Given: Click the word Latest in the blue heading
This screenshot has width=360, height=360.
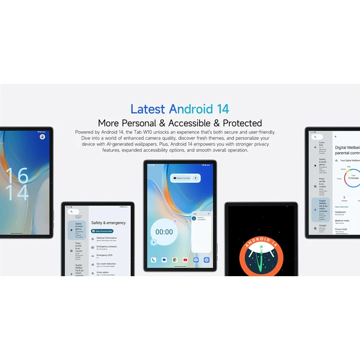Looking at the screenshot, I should coord(148,109).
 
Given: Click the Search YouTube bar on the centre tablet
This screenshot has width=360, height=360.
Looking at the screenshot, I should coord(185,178).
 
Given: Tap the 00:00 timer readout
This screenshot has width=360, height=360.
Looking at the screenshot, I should coord(164,232).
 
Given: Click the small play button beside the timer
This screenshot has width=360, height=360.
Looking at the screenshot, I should coord(153,242).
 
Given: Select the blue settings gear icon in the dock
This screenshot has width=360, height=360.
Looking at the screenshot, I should coord(206,260).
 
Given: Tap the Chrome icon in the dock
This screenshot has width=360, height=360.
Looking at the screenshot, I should coord(175,260).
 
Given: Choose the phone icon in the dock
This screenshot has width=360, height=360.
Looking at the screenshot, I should coord(153,260).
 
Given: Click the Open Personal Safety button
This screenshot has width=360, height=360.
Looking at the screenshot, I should coord(104,231).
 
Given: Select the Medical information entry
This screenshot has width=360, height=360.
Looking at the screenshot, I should coord(106,239).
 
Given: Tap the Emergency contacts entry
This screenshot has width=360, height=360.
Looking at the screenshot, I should coord(106,247).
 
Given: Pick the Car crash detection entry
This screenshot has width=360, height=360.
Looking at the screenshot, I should coord(106,264).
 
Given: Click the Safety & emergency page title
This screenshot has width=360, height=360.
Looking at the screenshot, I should coord(109,223).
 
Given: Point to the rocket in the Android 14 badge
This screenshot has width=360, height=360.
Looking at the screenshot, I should coord(261,255).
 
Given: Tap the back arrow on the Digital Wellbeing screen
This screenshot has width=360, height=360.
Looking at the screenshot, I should coord(335,137).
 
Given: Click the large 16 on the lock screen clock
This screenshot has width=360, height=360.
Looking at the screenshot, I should coord(16,175).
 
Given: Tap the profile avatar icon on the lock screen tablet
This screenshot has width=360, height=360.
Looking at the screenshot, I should coord(42,137).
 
